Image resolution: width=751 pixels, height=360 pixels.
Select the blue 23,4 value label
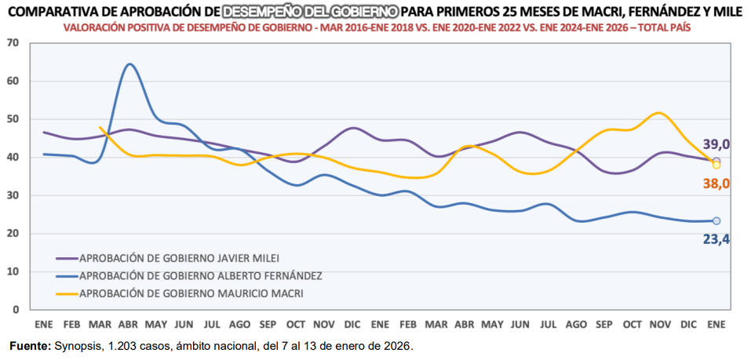(x=716, y=238)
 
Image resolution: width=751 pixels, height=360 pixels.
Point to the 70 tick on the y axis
(x=13, y=42)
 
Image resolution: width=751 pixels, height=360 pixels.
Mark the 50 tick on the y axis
(x=13, y=119)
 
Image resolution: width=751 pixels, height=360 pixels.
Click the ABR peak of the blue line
(x=129, y=64)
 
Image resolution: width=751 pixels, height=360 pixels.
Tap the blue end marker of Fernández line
(x=716, y=221)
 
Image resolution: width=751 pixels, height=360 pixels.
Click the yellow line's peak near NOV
(x=659, y=113)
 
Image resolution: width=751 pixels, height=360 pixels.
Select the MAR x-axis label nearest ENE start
(x=100, y=324)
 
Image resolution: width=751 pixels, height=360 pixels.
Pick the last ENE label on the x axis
(x=716, y=324)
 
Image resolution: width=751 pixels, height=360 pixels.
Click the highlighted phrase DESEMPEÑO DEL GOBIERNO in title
(x=310, y=12)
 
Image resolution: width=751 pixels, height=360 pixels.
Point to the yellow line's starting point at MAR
(x=100, y=127)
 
